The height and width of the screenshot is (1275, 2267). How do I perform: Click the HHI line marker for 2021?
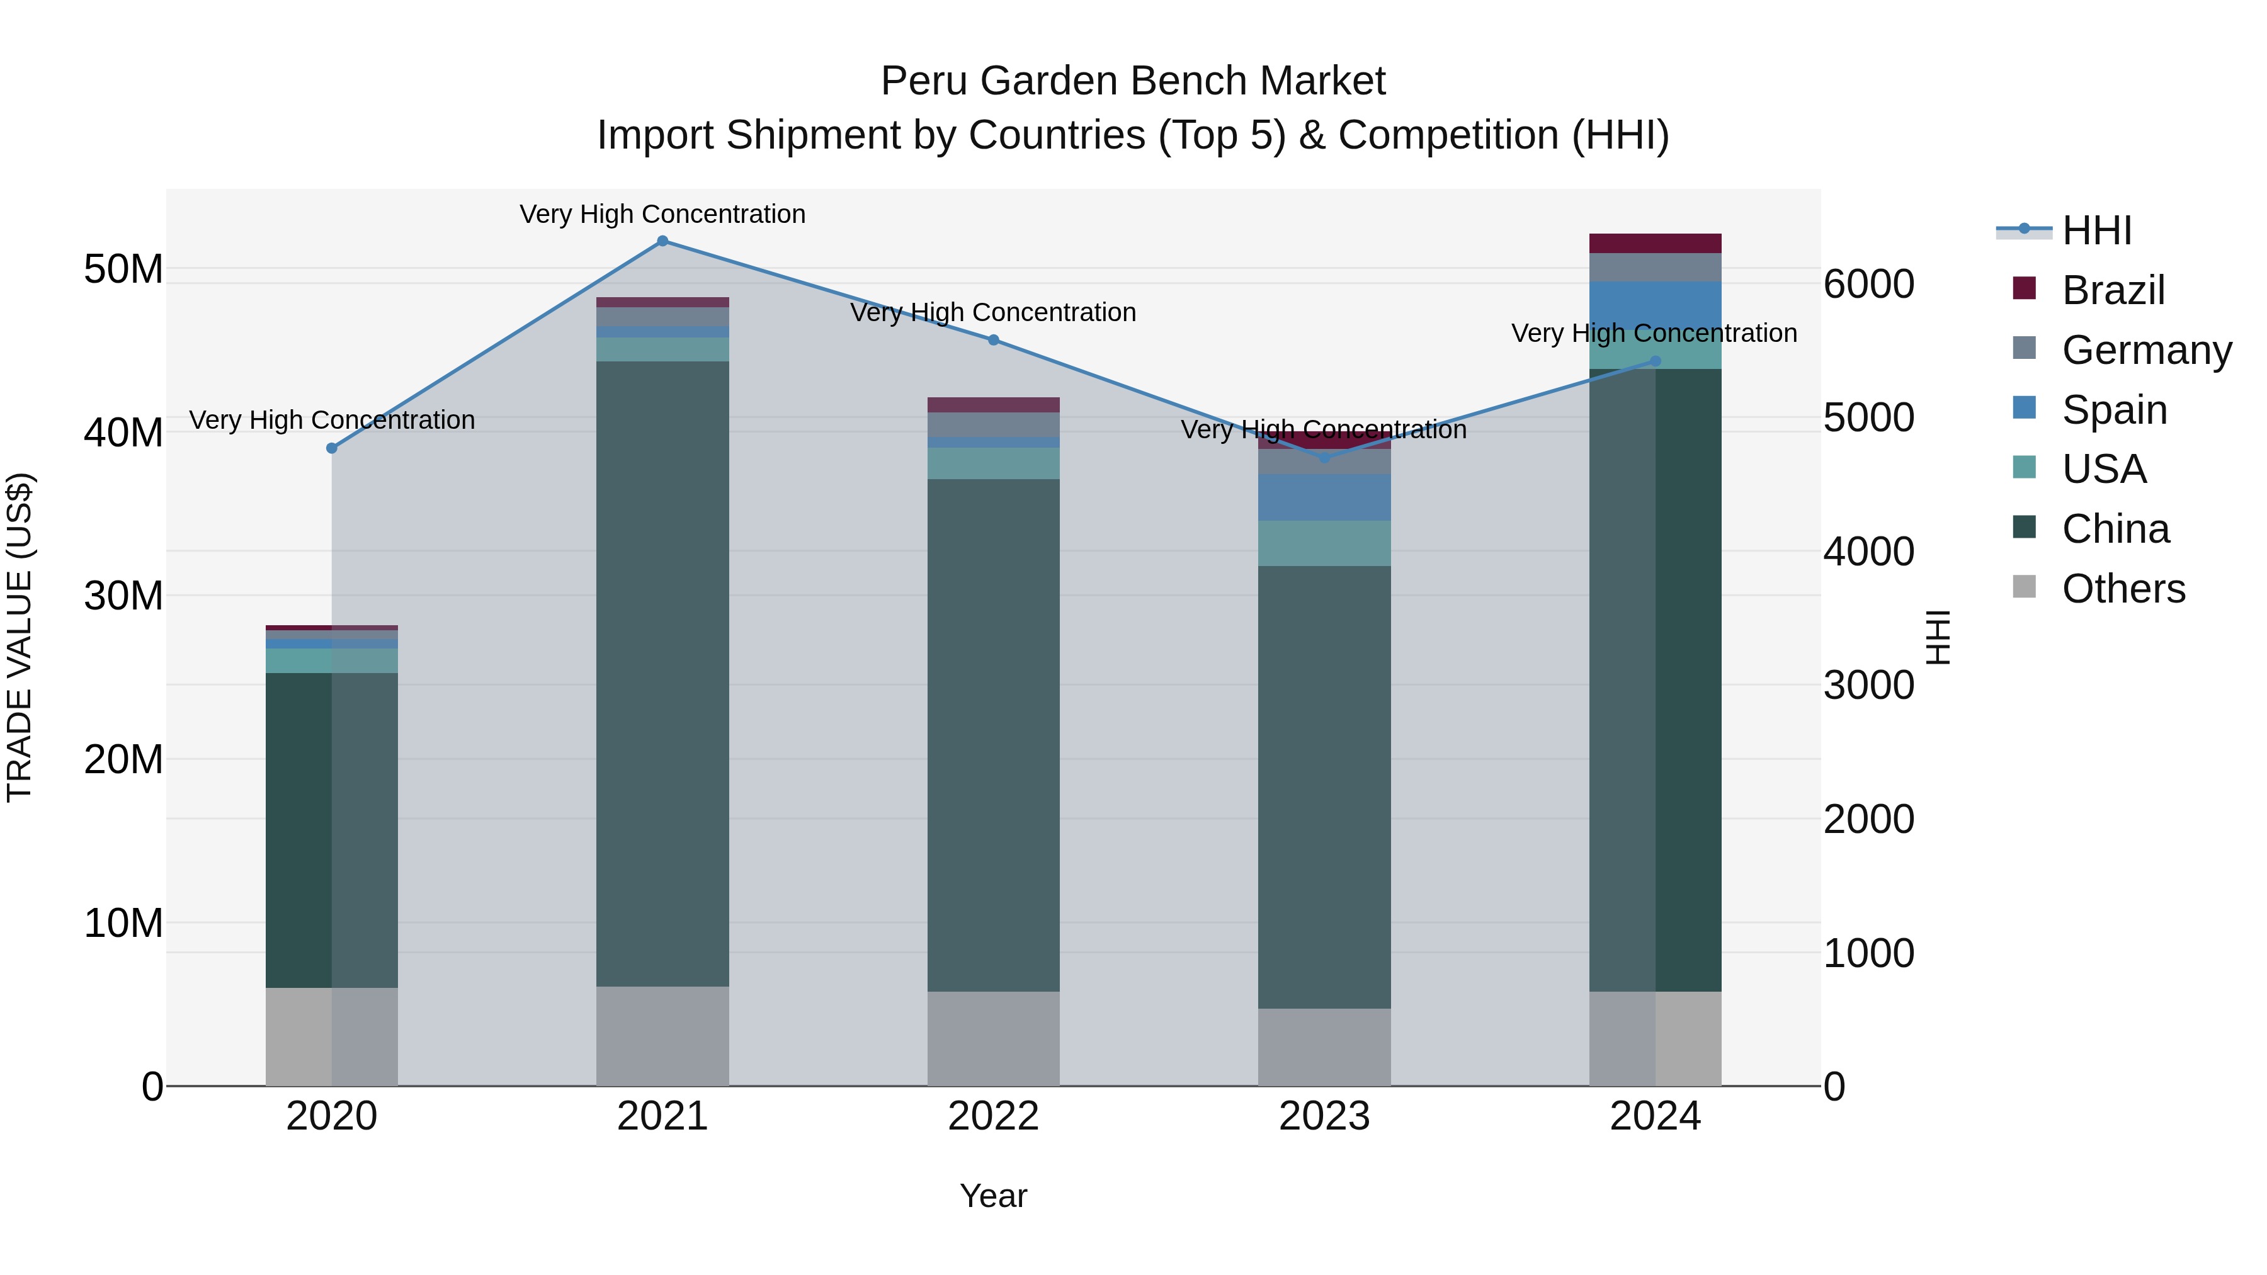coord(662,241)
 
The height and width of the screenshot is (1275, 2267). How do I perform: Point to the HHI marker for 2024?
coord(1656,361)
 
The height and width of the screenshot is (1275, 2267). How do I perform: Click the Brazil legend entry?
coord(2112,290)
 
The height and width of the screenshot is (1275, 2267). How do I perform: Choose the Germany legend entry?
coord(2145,350)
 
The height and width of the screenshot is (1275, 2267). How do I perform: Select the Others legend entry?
coord(2123,589)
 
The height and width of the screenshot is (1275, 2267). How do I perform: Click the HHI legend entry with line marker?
coord(2064,230)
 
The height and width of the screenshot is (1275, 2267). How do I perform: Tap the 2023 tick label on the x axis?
coord(1324,1116)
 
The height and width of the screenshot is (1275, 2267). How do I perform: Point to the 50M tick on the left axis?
coord(123,269)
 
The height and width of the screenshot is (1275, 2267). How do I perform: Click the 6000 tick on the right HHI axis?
coord(1868,284)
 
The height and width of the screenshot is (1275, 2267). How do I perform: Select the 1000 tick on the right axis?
coord(1868,953)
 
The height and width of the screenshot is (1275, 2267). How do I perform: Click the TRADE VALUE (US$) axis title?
coord(20,637)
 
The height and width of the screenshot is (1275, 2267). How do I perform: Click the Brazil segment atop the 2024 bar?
coord(1656,244)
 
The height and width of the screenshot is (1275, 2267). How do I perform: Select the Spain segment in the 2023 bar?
coord(1324,497)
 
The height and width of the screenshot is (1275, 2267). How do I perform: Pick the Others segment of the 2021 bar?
coord(662,1036)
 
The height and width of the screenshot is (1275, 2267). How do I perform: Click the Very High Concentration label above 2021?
coord(662,215)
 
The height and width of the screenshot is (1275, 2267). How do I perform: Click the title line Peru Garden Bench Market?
coord(1133,81)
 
